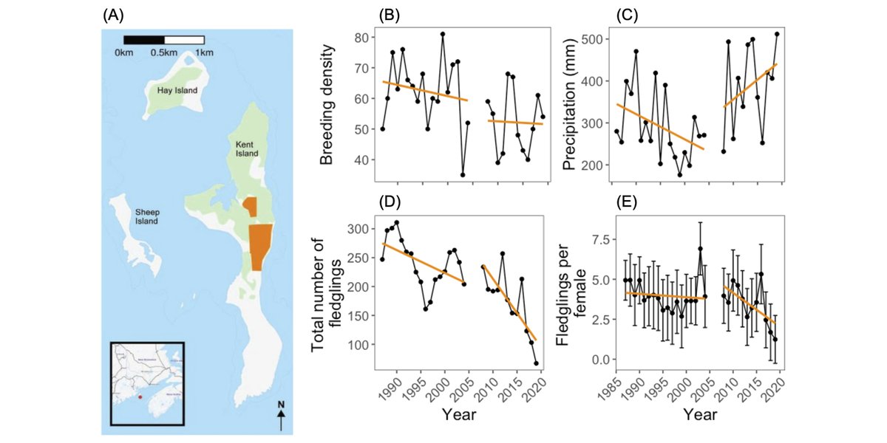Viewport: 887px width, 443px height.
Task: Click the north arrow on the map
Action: point(281,416)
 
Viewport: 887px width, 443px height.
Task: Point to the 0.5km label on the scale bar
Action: point(163,53)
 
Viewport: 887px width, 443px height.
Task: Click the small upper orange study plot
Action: point(251,207)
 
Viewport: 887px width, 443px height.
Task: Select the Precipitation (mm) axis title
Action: point(570,103)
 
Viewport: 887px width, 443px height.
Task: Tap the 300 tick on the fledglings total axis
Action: point(358,230)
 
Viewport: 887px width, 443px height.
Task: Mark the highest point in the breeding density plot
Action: point(443,34)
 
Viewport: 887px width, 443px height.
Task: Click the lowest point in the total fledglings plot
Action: point(536,363)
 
